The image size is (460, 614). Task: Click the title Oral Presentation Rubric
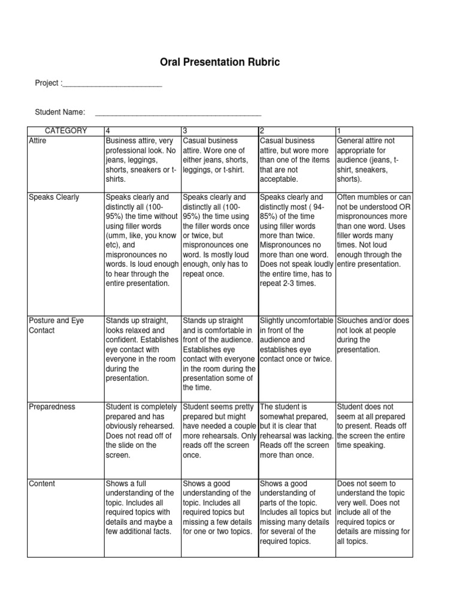(x=229, y=62)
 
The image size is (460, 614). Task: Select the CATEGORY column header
(x=65, y=131)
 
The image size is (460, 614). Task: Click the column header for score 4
(x=108, y=131)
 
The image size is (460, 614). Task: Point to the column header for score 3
(x=185, y=131)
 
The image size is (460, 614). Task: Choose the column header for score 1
(x=340, y=131)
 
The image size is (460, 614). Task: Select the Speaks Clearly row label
(x=54, y=197)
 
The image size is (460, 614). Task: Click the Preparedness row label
(x=52, y=407)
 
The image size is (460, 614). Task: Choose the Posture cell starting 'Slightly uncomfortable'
(x=295, y=340)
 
